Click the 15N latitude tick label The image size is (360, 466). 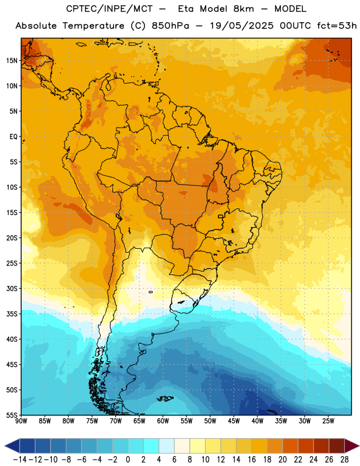12,61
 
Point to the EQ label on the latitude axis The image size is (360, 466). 13,137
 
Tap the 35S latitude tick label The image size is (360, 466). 12,314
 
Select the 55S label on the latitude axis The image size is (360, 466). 12,415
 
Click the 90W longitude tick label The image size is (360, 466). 21,421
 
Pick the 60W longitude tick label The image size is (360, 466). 163,421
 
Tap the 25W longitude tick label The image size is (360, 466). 328,421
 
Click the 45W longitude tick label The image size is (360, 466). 234,421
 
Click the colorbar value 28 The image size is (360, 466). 344,460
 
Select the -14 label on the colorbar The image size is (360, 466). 20,460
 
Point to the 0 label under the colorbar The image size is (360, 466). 128,460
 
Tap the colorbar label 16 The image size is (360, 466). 252,460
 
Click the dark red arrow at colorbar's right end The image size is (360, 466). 351,446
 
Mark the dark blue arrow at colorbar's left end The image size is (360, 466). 12,446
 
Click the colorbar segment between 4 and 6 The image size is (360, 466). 167,446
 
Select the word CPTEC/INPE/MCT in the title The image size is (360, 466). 109,9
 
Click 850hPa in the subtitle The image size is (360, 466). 170,26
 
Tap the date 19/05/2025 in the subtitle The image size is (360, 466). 242,26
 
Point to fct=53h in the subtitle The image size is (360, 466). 337,26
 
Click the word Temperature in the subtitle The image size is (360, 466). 93,26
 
